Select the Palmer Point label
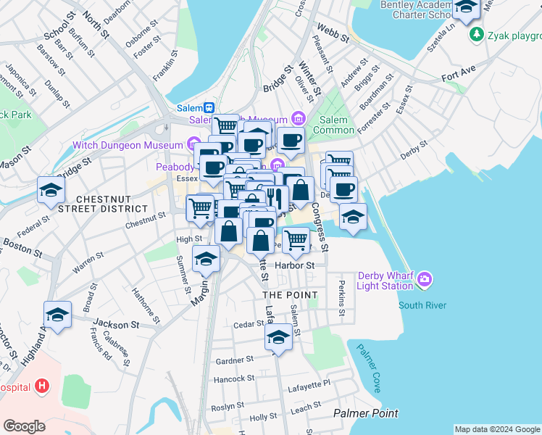(x=365, y=413)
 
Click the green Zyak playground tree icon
(x=476, y=34)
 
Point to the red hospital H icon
(x=42, y=386)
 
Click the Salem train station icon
(x=208, y=107)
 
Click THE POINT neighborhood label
(x=290, y=295)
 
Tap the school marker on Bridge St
(x=51, y=191)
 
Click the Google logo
(x=24, y=426)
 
